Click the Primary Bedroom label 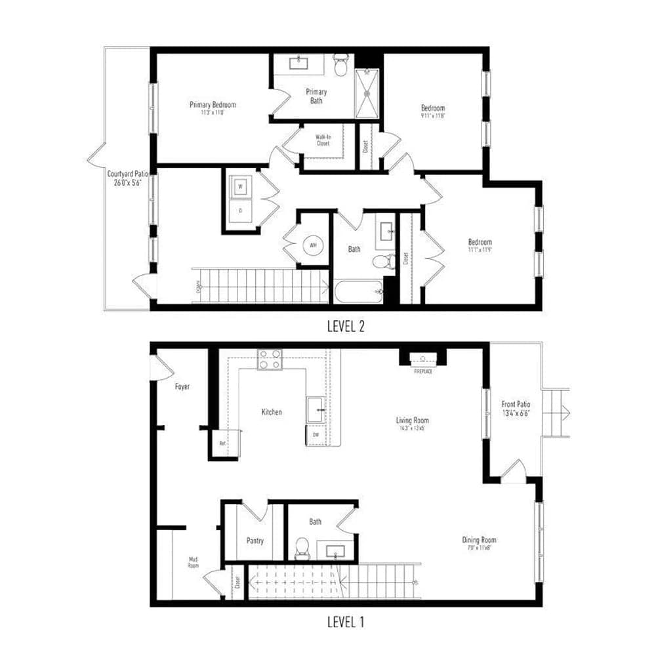[x=213, y=105]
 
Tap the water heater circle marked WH [x=313, y=245]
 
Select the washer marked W [x=240, y=186]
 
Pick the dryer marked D [x=240, y=211]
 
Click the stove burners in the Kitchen [x=270, y=359]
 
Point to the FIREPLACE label [x=422, y=371]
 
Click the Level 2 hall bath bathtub [x=358, y=291]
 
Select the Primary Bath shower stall [x=367, y=92]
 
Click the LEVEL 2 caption [x=346, y=326]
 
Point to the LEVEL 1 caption [x=346, y=621]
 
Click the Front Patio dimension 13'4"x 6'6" [x=516, y=413]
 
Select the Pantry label [x=255, y=541]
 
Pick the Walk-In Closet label [x=323, y=140]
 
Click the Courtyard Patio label [x=128, y=174]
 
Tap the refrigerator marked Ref [x=222, y=443]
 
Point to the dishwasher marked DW [x=315, y=434]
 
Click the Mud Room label [x=193, y=563]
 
